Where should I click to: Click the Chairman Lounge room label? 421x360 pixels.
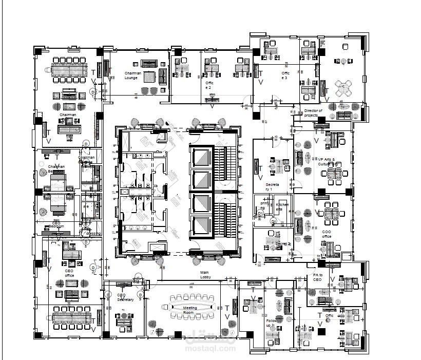(133, 75)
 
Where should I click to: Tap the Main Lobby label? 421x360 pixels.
(206, 275)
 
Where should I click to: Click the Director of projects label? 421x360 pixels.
(313, 113)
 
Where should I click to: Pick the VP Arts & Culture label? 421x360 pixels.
(327, 162)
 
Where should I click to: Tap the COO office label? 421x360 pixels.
(326, 234)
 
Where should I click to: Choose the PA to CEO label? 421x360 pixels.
(317, 278)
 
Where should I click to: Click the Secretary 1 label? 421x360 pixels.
(272, 186)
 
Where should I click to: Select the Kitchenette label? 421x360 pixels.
(282, 207)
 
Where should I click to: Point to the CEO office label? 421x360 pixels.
(69, 273)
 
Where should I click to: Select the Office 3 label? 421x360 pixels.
(285, 75)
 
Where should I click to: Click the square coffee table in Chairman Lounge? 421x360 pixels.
(149, 77)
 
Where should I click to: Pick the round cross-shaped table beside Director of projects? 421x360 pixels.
(342, 87)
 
